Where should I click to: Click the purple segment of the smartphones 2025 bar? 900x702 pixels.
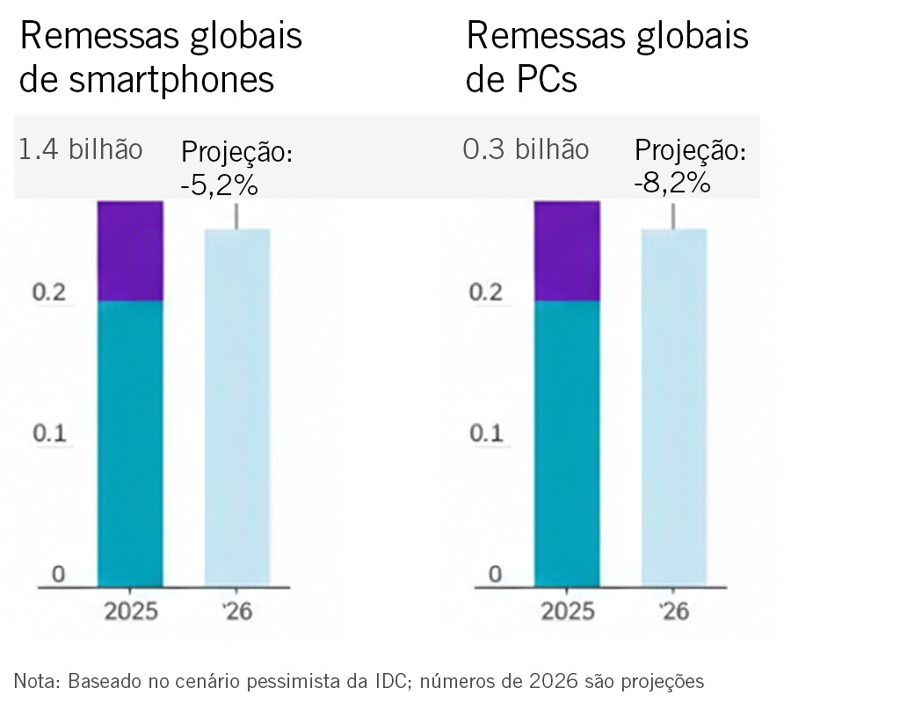click(x=130, y=251)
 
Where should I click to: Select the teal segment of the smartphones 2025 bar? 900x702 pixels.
click(x=130, y=443)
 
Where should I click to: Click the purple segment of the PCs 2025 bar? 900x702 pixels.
click(x=567, y=251)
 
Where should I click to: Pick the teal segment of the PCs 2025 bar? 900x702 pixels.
click(x=567, y=443)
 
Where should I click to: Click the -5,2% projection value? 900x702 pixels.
click(x=220, y=185)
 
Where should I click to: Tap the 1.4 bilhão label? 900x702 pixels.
click(x=80, y=149)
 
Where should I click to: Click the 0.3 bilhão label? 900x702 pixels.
click(x=526, y=149)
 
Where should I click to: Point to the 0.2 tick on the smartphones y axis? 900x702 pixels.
click(x=49, y=293)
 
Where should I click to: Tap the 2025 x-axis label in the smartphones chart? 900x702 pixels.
click(x=131, y=612)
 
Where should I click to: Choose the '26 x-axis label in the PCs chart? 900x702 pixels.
click(x=674, y=612)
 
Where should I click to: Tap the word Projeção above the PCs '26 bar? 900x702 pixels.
click(x=690, y=151)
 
